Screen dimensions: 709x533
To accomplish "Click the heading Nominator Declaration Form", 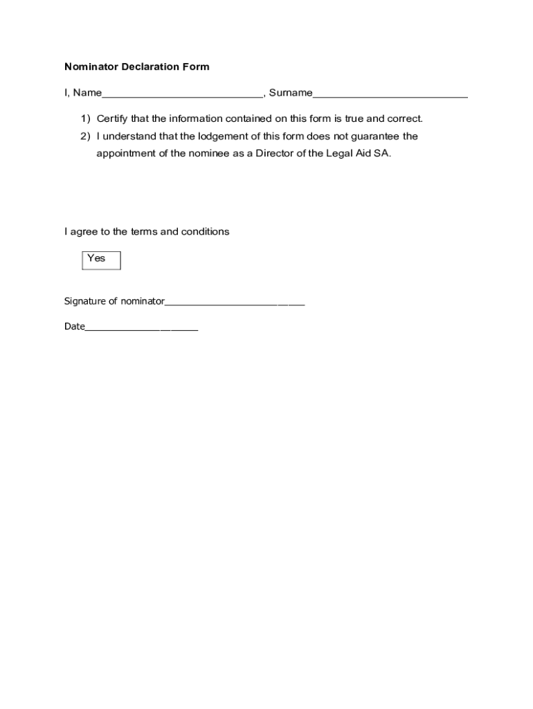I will [136, 67].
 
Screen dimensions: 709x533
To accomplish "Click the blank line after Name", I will [182, 93].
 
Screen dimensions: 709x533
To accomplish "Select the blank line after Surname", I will [390, 93].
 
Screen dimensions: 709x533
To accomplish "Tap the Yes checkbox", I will [101, 260].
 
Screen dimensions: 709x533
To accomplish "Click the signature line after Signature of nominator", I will [235, 302].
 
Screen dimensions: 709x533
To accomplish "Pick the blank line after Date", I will [141, 327].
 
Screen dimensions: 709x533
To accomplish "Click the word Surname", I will [290, 93].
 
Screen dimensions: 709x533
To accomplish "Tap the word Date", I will [74, 327].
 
